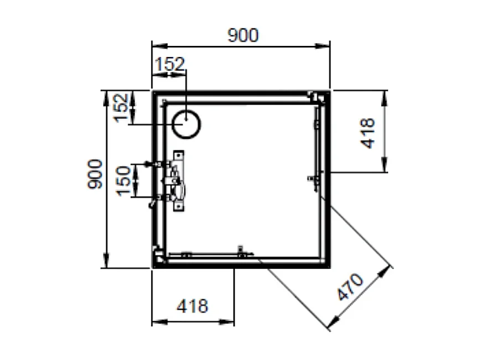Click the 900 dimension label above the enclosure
click(x=243, y=35)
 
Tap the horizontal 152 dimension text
click(x=169, y=64)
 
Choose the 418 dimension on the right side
click(x=368, y=133)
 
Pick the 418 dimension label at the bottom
click(x=193, y=305)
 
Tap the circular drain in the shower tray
click(x=186, y=124)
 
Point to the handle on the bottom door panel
click(x=241, y=253)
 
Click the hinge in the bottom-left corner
click(x=159, y=257)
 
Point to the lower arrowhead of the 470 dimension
click(x=332, y=326)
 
